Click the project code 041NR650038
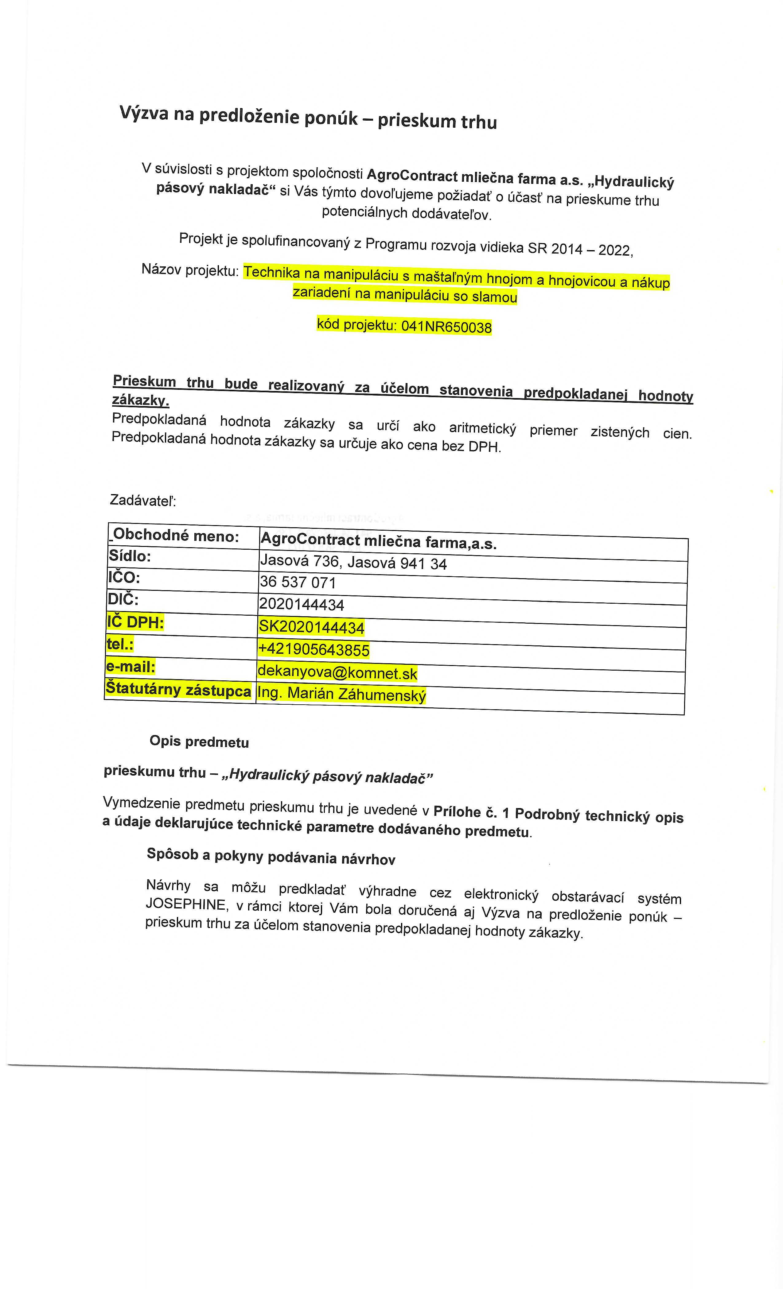[446, 327]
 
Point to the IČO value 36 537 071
[298, 582]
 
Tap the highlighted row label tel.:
[120, 644]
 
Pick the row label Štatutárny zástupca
[178, 690]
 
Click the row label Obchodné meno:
[176, 535]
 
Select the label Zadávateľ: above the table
[143, 501]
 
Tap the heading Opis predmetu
[199, 741]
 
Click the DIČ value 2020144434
[302, 605]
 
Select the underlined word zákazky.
[140, 400]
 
